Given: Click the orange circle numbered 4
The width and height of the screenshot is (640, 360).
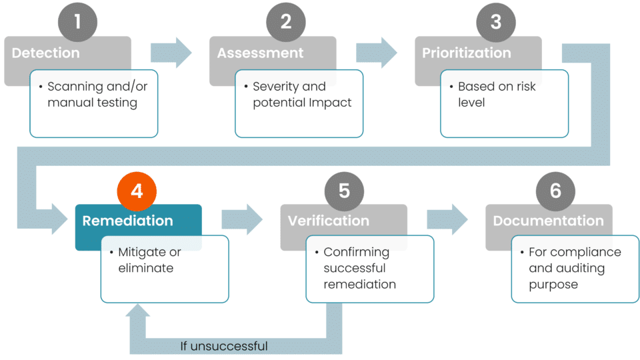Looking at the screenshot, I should pos(137,191).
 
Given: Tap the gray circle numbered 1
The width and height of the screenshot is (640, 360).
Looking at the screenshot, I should pos(77,22).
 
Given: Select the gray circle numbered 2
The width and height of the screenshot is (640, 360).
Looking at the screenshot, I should pos(286,22).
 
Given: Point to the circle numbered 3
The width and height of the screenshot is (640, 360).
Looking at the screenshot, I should pos(495,22).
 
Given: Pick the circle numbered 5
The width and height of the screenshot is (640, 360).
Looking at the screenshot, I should pos(344,191).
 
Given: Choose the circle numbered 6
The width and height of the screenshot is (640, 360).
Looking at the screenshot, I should pos(555,191).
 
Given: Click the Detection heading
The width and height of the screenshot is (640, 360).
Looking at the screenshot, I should pos(45,53).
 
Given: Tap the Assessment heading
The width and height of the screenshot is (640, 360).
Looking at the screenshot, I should pos(260,53).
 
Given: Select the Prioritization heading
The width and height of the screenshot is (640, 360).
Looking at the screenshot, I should pos(467,53).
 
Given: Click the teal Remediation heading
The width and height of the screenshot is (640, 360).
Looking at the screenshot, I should pos(127,221).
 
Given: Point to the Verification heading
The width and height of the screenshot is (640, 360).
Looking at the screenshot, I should pos(328,221).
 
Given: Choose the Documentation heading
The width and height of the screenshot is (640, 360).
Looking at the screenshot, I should pos(548,221).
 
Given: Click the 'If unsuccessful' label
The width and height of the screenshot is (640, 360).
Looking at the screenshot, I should pos(224,346).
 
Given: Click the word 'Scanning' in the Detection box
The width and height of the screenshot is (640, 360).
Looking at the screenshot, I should pos(75,87).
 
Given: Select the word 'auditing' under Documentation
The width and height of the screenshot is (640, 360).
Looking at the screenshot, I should pos(567,269).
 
